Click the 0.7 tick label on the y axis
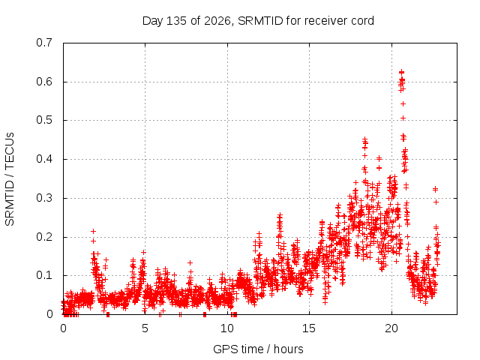tap(44, 43)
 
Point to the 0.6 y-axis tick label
tap(44, 82)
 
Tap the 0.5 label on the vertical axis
tap(44, 120)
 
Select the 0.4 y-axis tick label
tap(44, 159)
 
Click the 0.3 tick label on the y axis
tap(44, 198)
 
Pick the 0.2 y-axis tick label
tap(44, 237)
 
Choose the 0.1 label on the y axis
tap(44, 275)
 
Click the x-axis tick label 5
tap(145, 328)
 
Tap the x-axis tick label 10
tap(227, 328)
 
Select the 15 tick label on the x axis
tap(309, 328)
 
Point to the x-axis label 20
tap(391, 328)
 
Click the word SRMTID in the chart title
tap(260, 21)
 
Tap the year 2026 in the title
tap(217, 21)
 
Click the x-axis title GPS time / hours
tap(258, 349)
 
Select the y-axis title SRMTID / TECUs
tap(10, 179)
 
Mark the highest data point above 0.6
tap(402, 72)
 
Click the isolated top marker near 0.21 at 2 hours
tap(93, 232)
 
